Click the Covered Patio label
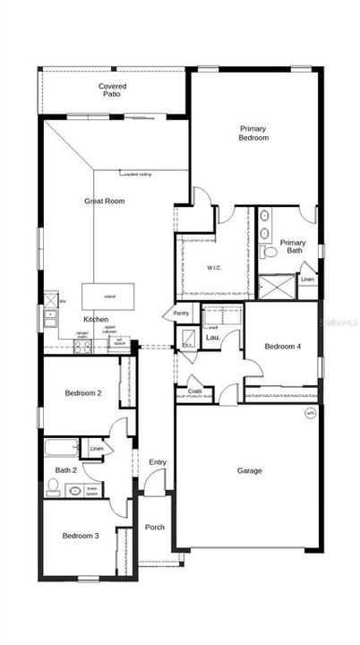click(112, 90)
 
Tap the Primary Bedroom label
click(253, 133)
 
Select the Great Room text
click(104, 202)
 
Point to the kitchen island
click(109, 297)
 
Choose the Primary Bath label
click(293, 246)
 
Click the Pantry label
click(181, 314)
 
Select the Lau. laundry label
click(212, 338)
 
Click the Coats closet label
click(194, 391)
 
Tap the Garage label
click(249, 470)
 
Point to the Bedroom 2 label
click(83, 392)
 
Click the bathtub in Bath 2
click(60, 449)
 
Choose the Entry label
click(158, 462)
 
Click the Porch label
click(155, 527)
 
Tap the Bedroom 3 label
click(81, 536)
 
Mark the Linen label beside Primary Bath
click(307, 279)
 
